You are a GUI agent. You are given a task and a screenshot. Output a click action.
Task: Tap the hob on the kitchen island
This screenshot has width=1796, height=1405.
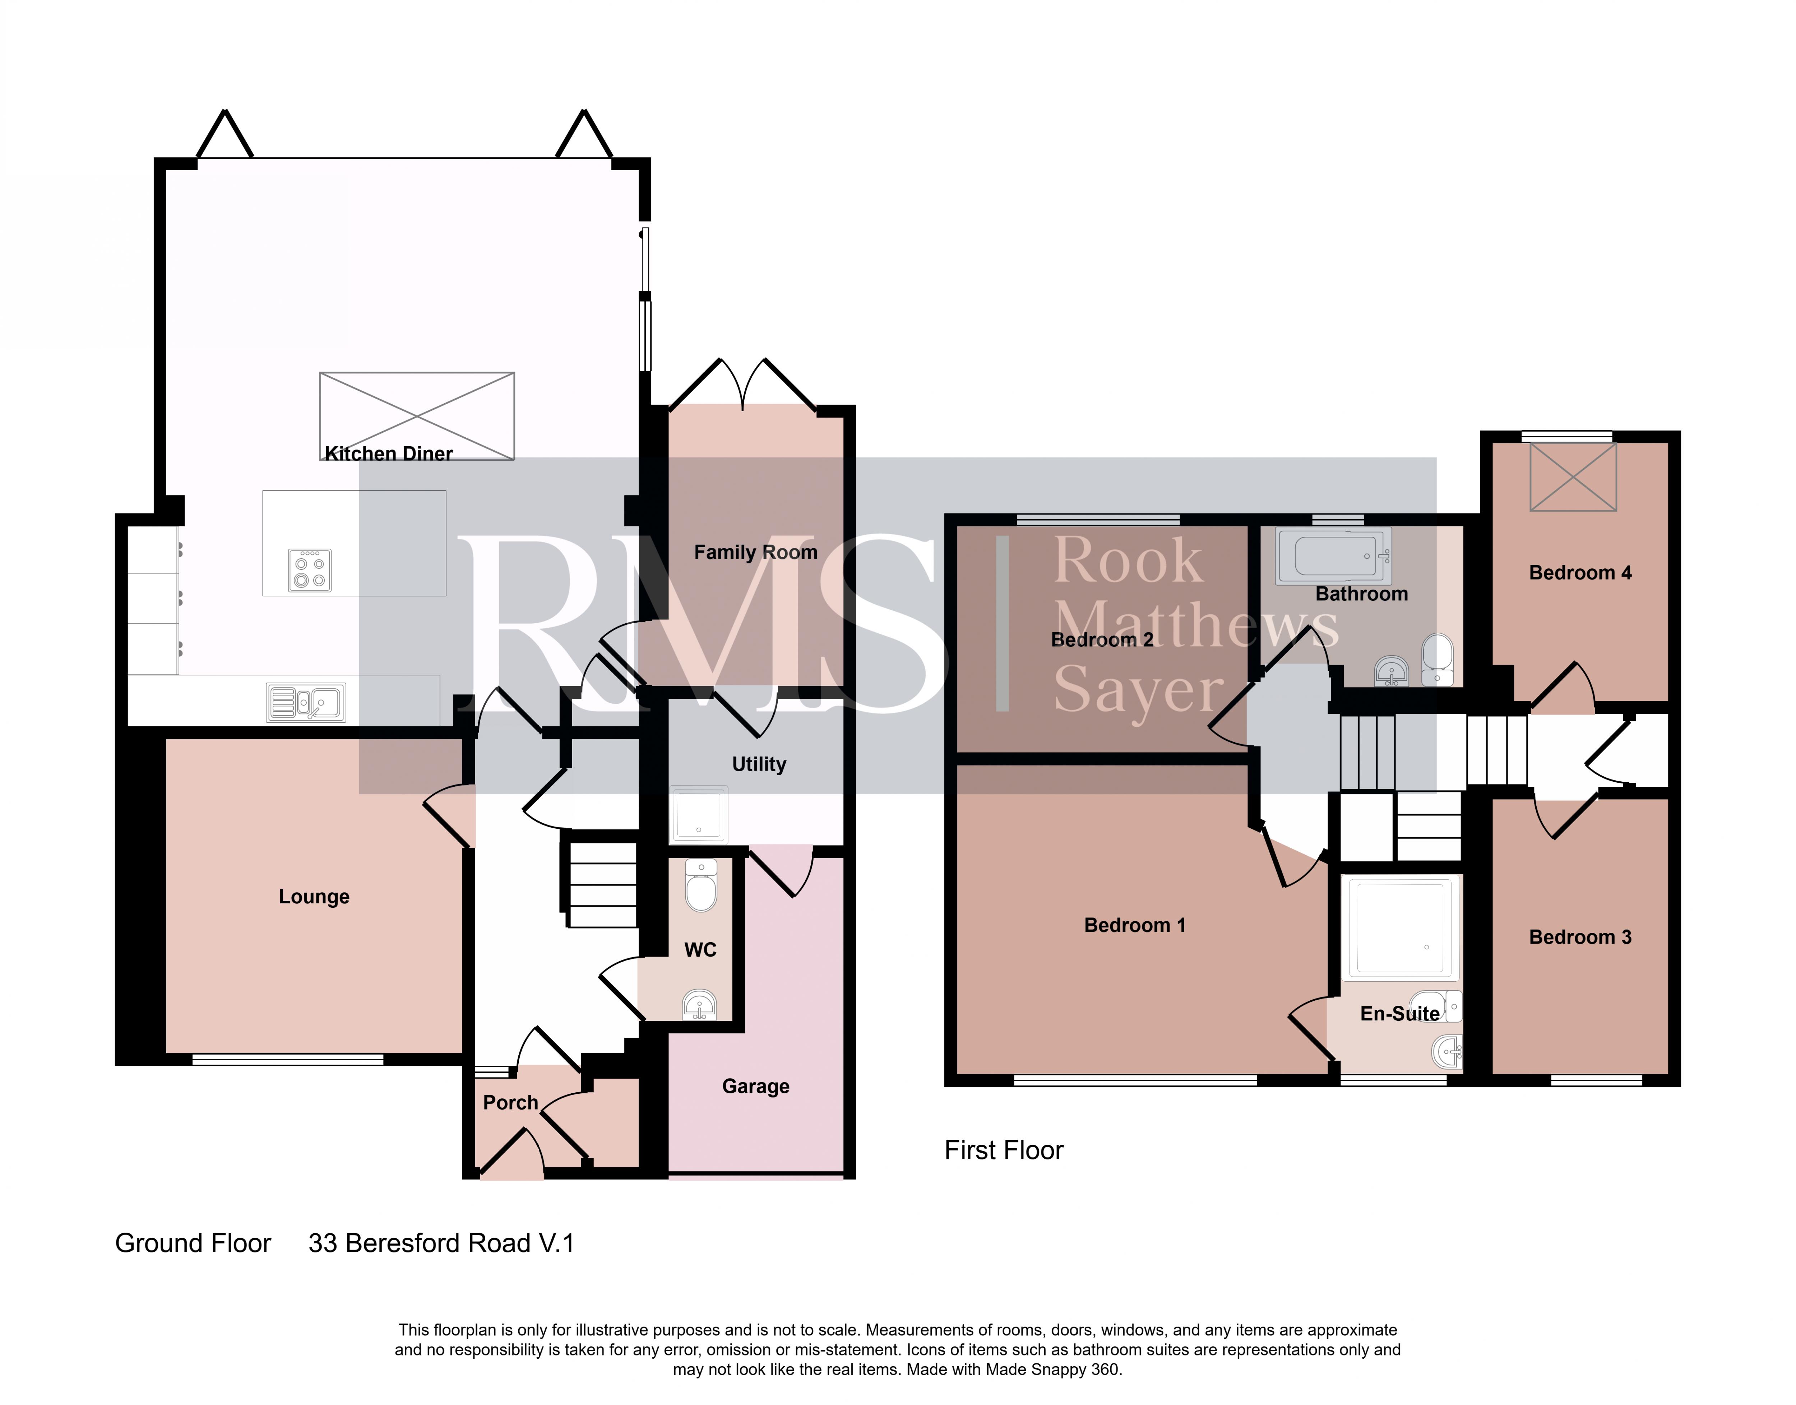tap(309, 570)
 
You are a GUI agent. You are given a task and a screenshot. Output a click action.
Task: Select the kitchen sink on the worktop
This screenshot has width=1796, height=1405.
tap(306, 702)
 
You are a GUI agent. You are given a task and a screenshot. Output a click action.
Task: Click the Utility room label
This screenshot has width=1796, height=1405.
tap(759, 764)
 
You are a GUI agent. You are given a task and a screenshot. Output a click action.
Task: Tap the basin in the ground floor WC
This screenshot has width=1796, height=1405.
tap(700, 1004)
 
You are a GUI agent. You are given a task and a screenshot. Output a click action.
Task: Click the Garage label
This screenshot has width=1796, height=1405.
tap(755, 1087)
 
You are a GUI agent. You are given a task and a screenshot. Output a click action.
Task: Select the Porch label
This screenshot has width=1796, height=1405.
tap(510, 1102)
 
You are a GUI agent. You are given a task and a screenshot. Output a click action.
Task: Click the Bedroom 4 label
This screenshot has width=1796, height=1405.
tap(1580, 573)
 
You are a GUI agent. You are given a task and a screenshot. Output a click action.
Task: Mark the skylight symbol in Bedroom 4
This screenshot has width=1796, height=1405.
tap(1573, 477)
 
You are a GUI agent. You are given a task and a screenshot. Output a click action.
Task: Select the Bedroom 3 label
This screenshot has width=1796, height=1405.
tap(1580, 937)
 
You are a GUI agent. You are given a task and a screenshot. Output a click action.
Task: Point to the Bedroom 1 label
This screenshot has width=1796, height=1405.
tap(1134, 925)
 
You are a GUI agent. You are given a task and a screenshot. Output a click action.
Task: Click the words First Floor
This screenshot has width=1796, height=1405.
tap(1004, 1150)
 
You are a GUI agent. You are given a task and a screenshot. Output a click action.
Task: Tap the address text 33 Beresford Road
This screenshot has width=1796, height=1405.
tap(420, 1243)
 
